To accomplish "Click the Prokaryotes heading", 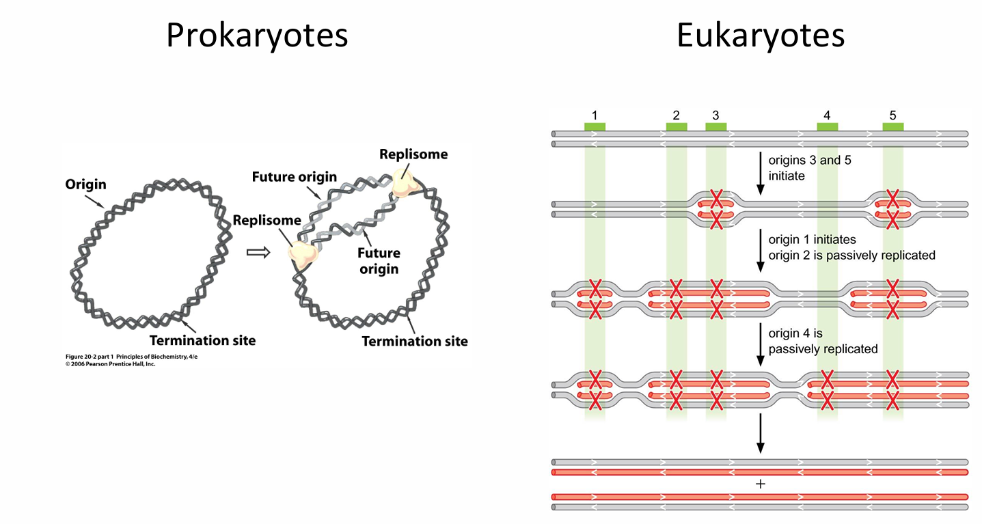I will pos(257,36).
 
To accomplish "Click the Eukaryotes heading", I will pos(760,36).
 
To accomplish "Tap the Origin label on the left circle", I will pos(85,184).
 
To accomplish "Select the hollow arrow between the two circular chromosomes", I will pos(257,252).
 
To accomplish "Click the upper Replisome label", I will pos(413,154).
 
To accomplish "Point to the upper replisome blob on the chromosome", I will pos(404,182).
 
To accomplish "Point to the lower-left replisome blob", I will pos(303,253).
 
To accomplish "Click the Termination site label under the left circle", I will pos(202,340).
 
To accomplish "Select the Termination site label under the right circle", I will pos(415,341).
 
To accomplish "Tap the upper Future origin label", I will pos(294,177).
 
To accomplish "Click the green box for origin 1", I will pos(595,126).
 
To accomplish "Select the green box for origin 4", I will pos(827,126).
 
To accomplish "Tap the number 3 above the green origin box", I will pos(715,115).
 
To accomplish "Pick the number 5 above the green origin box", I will pos(892,115).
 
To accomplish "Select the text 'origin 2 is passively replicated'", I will pos(851,255).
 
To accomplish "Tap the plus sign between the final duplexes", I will pos(760,484).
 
